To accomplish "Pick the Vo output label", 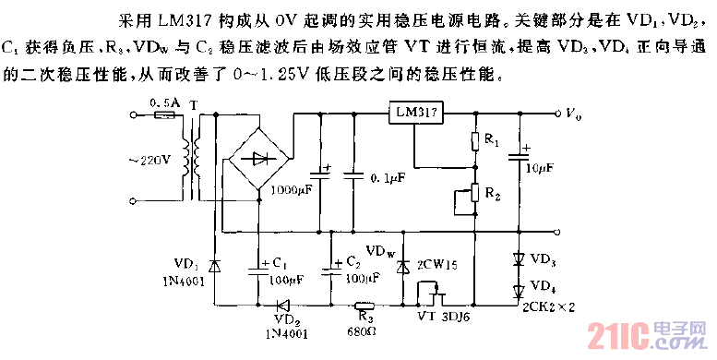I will tap(573, 114).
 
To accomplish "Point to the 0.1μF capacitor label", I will tap(387, 176).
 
